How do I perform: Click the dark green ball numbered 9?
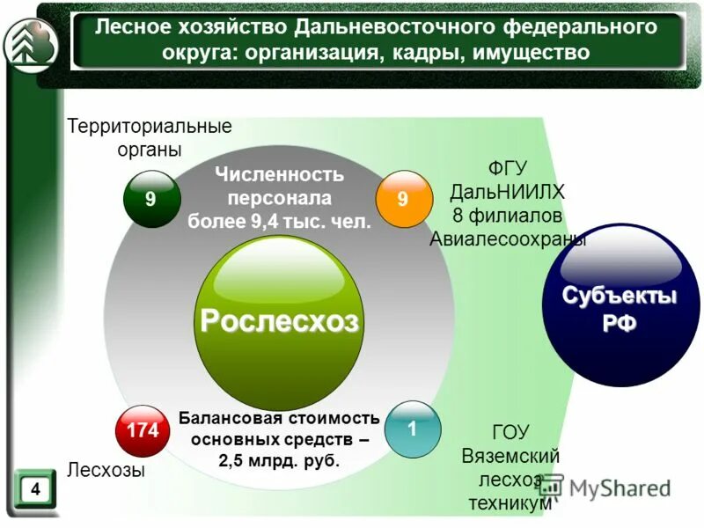(x=150, y=199)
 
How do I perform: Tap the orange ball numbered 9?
(x=403, y=199)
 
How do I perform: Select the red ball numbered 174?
(x=143, y=430)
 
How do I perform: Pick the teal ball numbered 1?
(x=411, y=429)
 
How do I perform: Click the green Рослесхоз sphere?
(x=279, y=322)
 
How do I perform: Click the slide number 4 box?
(x=34, y=488)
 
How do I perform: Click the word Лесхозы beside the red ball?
(x=106, y=471)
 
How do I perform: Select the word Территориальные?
(x=150, y=126)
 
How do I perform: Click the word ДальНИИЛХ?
(x=508, y=191)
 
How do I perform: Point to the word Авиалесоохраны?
(x=508, y=238)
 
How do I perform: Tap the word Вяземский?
(x=510, y=456)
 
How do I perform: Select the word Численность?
(x=280, y=174)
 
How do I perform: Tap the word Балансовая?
(x=224, y=417)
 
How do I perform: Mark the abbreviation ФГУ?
(x=509, y=167)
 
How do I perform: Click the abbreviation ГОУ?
(x=510, y=432)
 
